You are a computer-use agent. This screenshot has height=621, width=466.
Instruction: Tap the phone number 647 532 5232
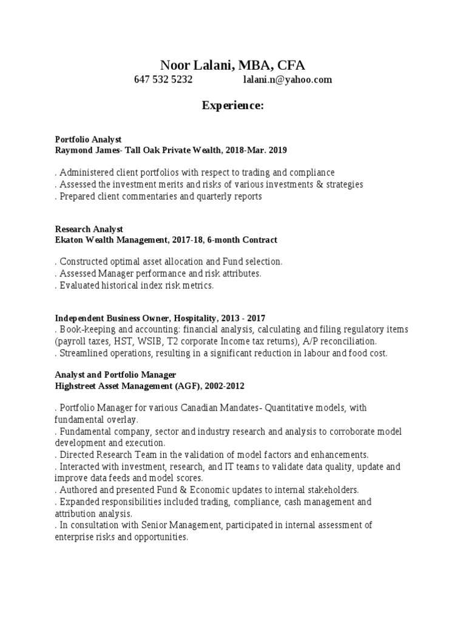click(163, 79)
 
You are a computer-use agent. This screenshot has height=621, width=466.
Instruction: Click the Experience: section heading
click(232, 106)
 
